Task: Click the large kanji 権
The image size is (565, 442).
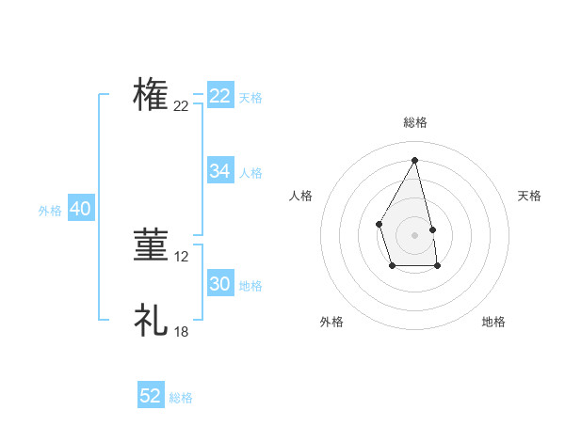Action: [151, 96]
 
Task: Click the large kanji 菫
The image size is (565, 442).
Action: [151, 245]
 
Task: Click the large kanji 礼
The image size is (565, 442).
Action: [151, 320]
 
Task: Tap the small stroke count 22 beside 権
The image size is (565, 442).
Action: [181, 106]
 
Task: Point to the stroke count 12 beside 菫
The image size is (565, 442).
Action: [182, 256]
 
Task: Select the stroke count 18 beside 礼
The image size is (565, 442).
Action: [182, 331]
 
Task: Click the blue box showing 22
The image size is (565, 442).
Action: [220, 96]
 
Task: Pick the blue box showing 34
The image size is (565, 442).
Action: [220, 171]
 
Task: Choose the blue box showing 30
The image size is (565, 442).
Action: [220, 284]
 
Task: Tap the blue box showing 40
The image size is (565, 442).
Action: [80, 209]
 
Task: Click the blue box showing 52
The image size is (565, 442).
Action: [151, 396]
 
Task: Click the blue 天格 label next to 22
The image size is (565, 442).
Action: [250, 97]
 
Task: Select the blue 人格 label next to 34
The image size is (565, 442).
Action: [250, 172]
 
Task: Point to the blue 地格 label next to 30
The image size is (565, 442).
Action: [250, 285]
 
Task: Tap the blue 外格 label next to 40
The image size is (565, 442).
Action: [50, 211]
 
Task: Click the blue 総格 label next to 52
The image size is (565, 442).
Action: [181, 398]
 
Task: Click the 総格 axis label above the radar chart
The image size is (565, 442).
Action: [414, 122]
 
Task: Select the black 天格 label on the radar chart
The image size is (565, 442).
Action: [529, 196]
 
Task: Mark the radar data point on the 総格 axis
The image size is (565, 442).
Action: [414, 159]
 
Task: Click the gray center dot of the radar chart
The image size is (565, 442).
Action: [414, 234]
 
